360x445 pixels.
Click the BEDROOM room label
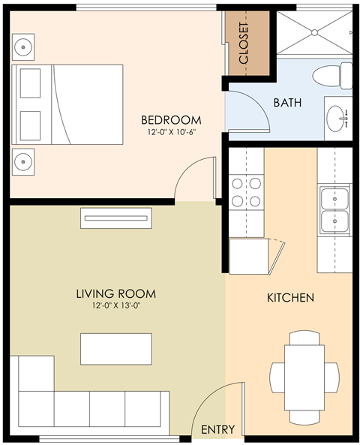(171, 120)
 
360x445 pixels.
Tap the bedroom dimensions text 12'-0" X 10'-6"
(171, 133)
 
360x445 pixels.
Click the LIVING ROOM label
(116, 293)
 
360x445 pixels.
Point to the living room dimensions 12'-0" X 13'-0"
(116, 306)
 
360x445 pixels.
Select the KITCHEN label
(290, 298)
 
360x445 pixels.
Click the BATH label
(287, 103)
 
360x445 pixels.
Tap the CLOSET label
(244, 43)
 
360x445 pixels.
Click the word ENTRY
(218, 430)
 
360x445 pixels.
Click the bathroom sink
(338, 117)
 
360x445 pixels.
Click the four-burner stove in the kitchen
(247, 191)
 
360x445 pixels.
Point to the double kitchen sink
(334, 210)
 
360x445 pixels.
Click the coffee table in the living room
(116, 349)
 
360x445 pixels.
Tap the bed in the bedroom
(67, 104)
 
